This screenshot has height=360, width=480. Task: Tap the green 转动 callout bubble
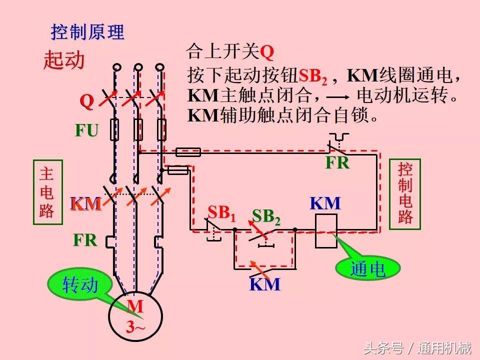point(80,285)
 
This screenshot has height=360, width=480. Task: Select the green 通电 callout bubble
point(368,269)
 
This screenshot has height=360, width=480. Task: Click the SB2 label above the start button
point(266,216)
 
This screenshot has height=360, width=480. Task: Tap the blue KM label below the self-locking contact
point(264,284)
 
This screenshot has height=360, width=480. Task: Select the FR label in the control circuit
point(337,162)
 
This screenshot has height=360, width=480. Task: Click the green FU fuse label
point(86,130)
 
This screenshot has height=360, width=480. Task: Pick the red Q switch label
point(87,101)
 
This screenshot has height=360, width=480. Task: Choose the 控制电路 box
point(405,193)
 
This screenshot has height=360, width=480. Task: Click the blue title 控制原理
point(87,32)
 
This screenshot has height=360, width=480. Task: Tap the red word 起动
point(64,60)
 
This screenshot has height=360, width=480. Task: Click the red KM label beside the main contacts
point(85,204)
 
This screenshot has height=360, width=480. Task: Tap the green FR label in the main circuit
point(85,240)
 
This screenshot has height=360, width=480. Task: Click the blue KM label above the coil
point(325,203)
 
